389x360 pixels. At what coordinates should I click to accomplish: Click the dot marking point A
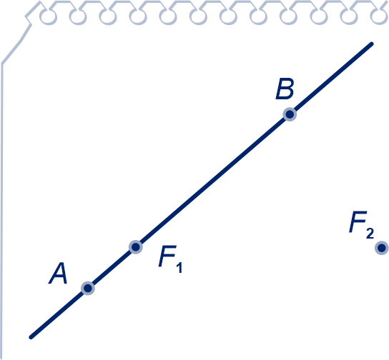pos(88,288)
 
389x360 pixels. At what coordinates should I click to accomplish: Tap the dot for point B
pos(290,114)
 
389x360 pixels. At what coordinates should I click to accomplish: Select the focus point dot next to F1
pos(135,247)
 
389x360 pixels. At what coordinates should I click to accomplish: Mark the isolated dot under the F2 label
pos(382,248)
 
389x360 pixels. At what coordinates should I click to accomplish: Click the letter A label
pos(58,274)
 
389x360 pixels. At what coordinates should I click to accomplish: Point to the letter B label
pos(285,89)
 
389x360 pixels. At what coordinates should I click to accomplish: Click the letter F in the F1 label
pos(168,256)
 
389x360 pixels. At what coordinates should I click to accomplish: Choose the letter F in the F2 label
pos(358,222)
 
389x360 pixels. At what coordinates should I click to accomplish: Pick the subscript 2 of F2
pos(370,234)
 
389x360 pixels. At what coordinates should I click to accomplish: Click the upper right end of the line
pos(372,44)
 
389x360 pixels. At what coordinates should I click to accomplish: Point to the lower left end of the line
pos(31,337)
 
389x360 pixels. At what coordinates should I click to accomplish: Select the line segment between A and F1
pos(112,268)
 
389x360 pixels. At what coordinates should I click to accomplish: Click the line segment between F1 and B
pos(212,181)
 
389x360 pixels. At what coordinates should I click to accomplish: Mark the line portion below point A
pos(59,314)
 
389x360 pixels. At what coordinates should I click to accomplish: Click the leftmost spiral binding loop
pos(49,17)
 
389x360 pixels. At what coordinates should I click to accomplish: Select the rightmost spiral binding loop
pos(379,16)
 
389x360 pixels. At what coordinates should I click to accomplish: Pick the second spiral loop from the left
pos(78,17)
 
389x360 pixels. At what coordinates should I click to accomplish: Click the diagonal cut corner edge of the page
pos(16,44)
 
